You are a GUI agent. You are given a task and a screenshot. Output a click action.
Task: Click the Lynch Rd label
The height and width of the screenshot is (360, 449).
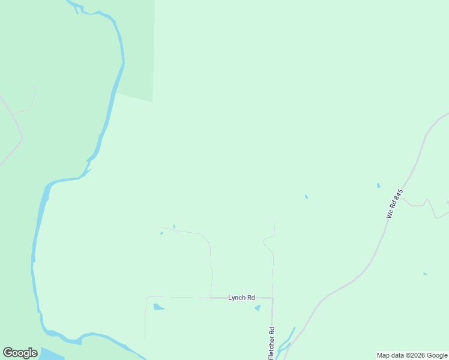pos(241,298)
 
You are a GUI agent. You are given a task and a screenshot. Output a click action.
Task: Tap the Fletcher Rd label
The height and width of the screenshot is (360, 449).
pos(272,344)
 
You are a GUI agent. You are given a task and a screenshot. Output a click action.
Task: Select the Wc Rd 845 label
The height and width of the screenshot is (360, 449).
pos(394,204)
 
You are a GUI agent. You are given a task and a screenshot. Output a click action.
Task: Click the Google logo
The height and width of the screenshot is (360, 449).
pos(20,353)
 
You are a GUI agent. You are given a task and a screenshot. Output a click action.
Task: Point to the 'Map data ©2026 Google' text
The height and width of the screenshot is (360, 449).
pos(412,355)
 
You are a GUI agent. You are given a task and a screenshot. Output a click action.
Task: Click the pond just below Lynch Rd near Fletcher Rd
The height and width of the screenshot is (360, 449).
pos(258,308)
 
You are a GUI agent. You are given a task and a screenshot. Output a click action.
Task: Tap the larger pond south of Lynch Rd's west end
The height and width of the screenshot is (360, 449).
pos(158,307)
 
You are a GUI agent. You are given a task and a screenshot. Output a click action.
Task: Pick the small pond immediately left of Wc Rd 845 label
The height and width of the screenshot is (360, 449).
pos(378,185)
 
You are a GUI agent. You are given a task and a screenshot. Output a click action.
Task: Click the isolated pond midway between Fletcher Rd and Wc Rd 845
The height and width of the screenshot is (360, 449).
pos(306,197)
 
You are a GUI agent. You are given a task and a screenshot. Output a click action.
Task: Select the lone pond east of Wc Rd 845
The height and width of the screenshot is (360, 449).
pos(425,274)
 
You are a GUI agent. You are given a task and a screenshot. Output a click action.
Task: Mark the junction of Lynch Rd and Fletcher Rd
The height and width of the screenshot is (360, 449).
pos(273,298)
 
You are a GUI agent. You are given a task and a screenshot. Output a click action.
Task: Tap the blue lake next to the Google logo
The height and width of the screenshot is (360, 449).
pos(51,354)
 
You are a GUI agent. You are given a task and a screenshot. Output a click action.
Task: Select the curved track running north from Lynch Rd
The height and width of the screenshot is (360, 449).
pos(210,258)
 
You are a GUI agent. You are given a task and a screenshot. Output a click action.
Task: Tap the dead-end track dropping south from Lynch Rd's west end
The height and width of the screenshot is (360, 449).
pos(145,318)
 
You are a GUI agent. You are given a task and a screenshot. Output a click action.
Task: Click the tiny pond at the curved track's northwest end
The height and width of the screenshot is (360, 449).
pos(161,233)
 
